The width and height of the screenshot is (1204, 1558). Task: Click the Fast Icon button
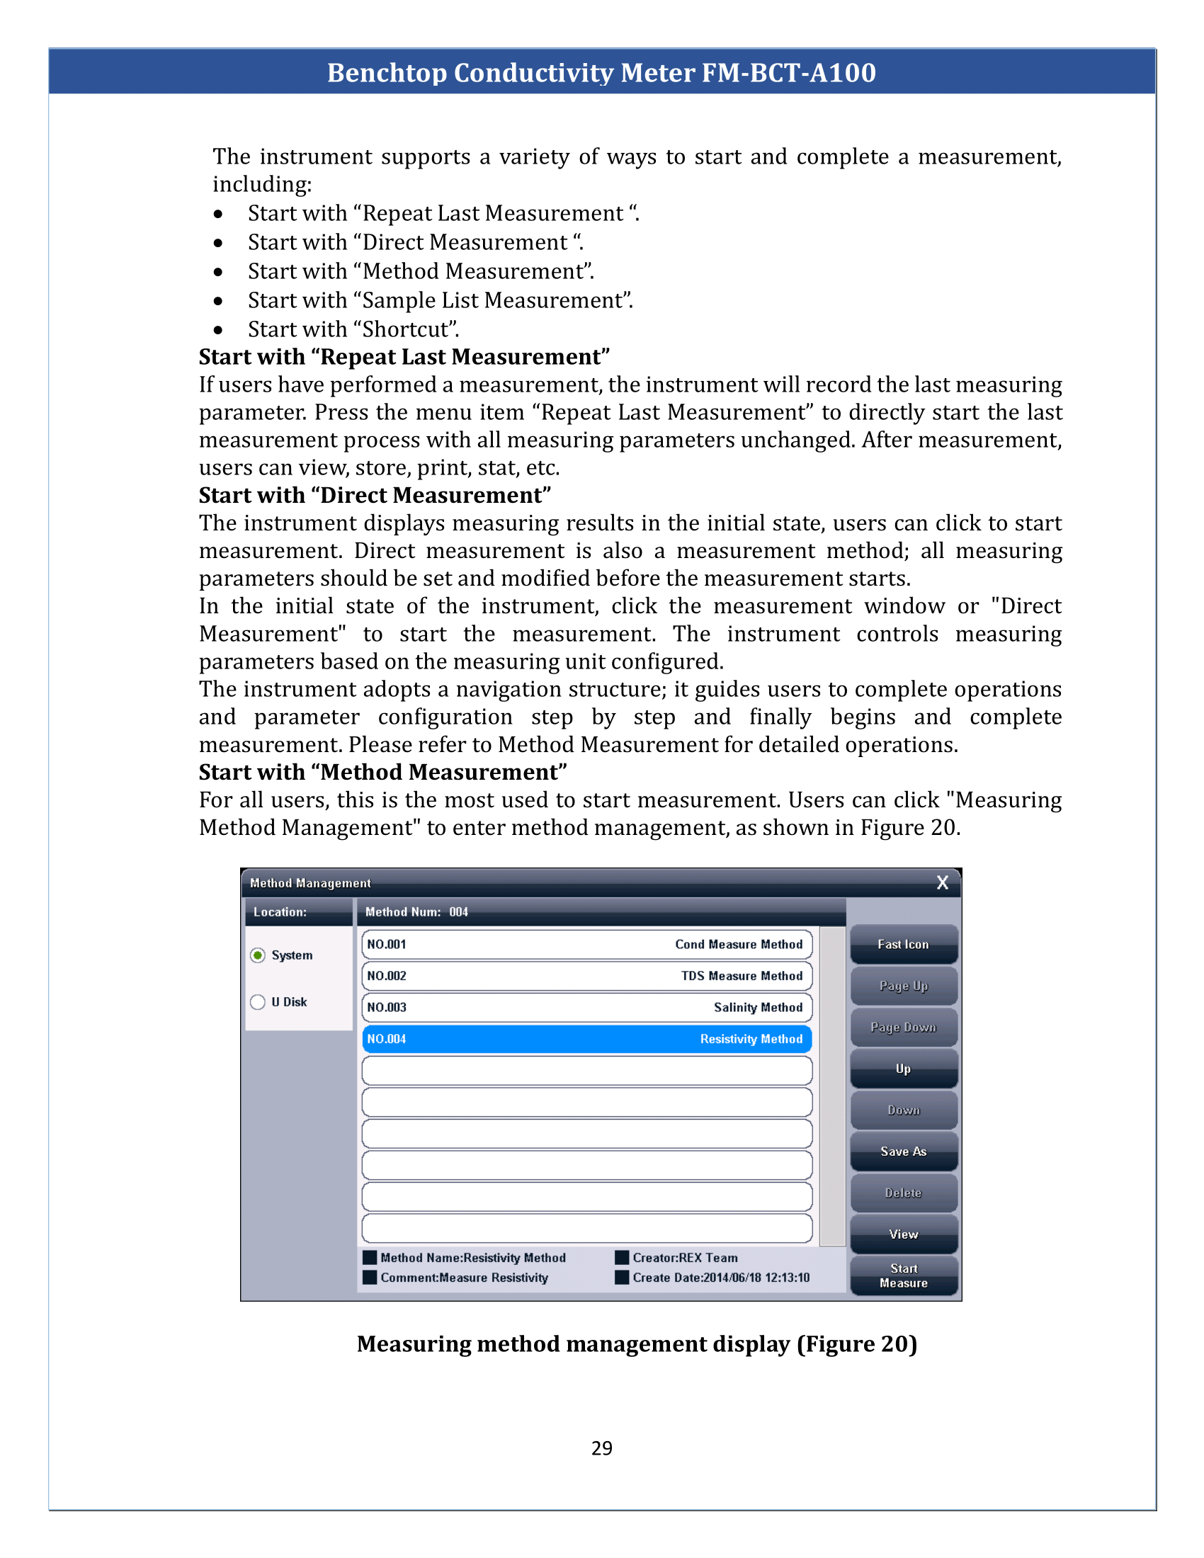(903, 944)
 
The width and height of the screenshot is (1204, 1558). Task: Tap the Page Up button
(903, 985)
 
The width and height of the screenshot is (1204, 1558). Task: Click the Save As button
(903, 1151)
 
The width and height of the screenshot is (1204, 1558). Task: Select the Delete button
(903, 1192)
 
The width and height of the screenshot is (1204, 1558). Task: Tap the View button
(903, 1234)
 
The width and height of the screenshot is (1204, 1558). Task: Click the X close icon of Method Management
(942, 882)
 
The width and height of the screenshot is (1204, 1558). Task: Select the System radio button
(259, 955)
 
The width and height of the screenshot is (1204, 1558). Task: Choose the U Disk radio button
(259, 1001)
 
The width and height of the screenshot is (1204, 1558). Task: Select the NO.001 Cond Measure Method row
(586, 944)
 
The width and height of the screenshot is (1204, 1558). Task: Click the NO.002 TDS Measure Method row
(586, 975)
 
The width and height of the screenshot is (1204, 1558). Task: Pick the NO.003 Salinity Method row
(586, 1006)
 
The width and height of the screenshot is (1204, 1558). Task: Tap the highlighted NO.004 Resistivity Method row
(586, 1039)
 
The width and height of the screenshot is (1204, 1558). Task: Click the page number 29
(601, 1448)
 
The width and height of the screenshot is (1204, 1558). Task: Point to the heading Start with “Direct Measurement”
(375, 495)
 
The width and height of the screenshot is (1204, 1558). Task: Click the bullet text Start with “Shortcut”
(353, 329)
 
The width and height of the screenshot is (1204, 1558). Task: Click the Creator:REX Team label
(684, 1258)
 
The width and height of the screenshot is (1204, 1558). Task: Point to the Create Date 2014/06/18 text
(720, 1277)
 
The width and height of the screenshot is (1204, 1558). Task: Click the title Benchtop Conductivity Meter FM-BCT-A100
(601, 72)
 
